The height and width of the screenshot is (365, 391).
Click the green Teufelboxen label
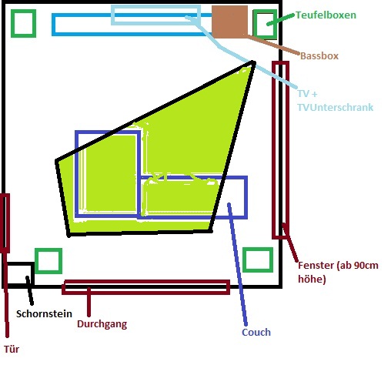[x=326, y=15]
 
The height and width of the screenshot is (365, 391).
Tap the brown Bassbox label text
[x=319, y=55]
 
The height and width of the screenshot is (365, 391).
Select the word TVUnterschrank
[x=336, y=107]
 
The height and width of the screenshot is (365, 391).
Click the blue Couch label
[x=256, y=332]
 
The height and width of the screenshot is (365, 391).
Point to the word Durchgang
[x=102, y=324]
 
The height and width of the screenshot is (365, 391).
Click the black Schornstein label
[x=44, y=313]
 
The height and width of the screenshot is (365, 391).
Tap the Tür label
[x=12, y=349]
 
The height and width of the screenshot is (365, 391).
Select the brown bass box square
[x=229, y=22]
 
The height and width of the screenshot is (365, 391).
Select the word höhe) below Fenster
[x=312, y=279]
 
